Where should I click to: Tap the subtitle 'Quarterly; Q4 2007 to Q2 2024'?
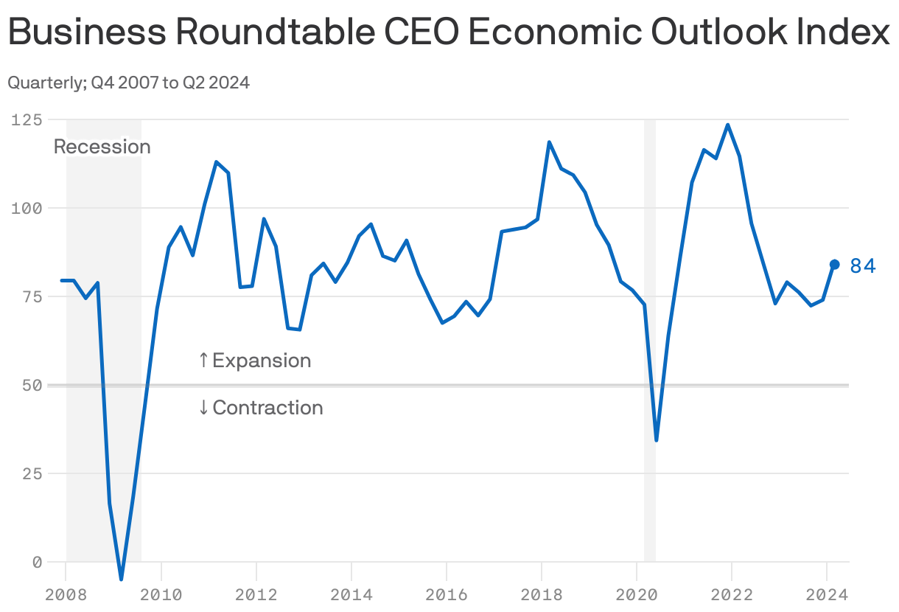click(x=128, y=83)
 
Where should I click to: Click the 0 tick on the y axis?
click(x=33, y=562)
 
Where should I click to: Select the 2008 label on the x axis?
click(x=66, y=593)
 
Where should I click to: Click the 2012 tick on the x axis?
click(x=256, y=593)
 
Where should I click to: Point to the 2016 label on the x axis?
click(x=446, y=593)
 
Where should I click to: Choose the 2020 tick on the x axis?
click(x=636, y=593)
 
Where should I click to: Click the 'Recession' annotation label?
click(x=102, y=147)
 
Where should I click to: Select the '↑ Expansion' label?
click(x=254, y=361)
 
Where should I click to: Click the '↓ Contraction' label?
click(x=260, y=408)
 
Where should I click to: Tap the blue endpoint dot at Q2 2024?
click(x=835, y=265)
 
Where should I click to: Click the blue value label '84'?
click(x=863, y=266)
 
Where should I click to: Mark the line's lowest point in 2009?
click(x=122, y=579)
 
